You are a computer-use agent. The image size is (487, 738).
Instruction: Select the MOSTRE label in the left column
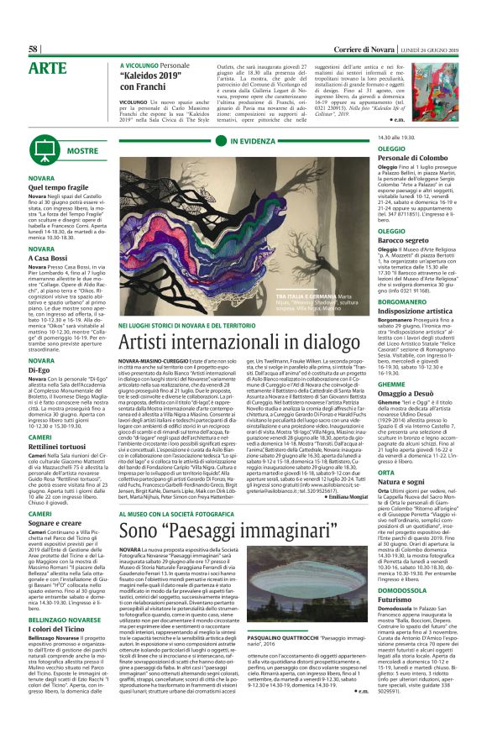[x=60, y=150]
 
